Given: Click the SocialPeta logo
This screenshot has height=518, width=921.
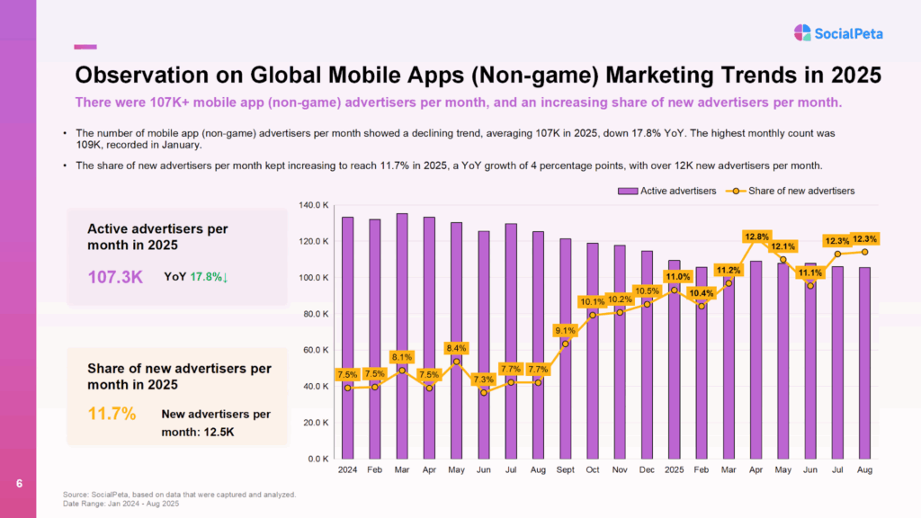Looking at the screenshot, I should [x=838, y=33].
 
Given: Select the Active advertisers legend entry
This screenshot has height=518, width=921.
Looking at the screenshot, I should [x=666, y=191].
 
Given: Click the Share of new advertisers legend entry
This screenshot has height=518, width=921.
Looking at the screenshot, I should [x=791, y=191].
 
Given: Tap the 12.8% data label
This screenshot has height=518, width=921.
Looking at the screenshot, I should [x=756, y=237].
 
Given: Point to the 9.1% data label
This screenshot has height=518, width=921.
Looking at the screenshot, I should [x=565, y=329].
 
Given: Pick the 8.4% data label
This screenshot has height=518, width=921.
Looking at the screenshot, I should [x=456, y=348].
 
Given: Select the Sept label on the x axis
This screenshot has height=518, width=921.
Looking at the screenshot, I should [x=565, y=469].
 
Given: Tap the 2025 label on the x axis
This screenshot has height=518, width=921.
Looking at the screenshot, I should [x=675, y=469].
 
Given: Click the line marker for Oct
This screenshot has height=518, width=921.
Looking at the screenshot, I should [x=593, y=315].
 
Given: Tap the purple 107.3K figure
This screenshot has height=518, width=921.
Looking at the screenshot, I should [x=115, y=277].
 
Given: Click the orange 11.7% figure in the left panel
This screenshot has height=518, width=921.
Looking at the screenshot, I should [x=112, y=415].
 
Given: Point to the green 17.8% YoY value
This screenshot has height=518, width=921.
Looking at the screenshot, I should [x=209, y=277].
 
